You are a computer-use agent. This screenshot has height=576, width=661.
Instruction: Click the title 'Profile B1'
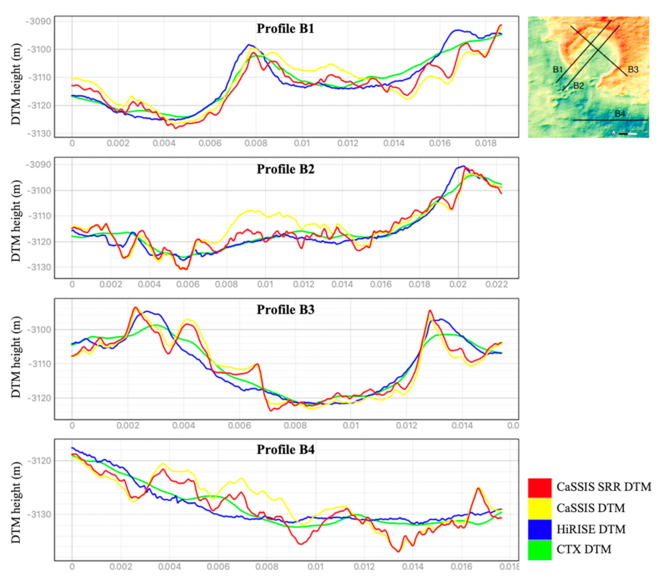[290, 29]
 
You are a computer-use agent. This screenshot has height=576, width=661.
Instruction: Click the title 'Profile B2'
[290, 169]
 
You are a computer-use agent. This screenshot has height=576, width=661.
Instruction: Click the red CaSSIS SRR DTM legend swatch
[539, 488]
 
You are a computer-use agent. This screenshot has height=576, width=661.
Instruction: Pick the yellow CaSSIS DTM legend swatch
[539, 508]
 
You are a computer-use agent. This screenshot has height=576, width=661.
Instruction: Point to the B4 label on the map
[619, 114]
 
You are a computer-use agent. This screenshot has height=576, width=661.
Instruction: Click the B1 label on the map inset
[557, 69]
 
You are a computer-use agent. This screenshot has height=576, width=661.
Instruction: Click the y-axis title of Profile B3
[15, 362]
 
